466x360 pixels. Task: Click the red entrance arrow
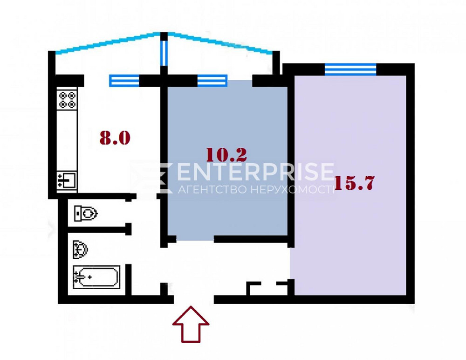(191, 324)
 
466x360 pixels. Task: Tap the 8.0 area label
(115, 138)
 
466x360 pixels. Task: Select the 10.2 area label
(226, 154)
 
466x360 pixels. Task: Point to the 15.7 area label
(354, 183)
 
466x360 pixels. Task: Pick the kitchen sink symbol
(67, 180)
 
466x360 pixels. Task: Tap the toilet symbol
(86, 214)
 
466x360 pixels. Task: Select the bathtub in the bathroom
(96, 278)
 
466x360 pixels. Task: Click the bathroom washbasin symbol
(80, 249)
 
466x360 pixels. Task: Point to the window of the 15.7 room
(350, 69)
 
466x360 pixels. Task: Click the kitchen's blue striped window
(124, 81)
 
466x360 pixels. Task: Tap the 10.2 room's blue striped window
(212, 81)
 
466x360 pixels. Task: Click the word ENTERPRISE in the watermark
(255, 172)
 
